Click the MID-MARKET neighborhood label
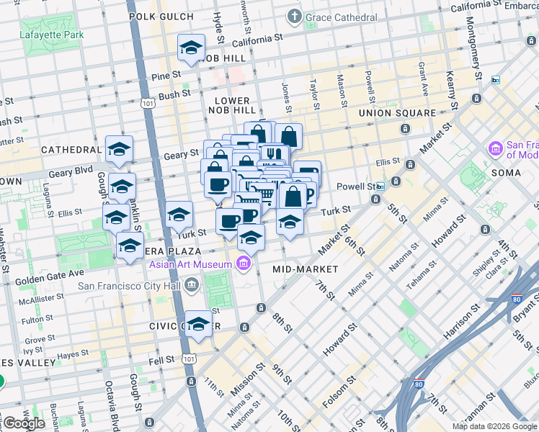[x=305, y=269]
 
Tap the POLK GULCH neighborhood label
[x=161, y=16]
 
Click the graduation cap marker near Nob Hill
[x=191, y=49]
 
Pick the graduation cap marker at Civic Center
[x=199, y=324]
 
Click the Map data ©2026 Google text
[x=494, y=426]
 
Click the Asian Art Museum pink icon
[x=244, y=265]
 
